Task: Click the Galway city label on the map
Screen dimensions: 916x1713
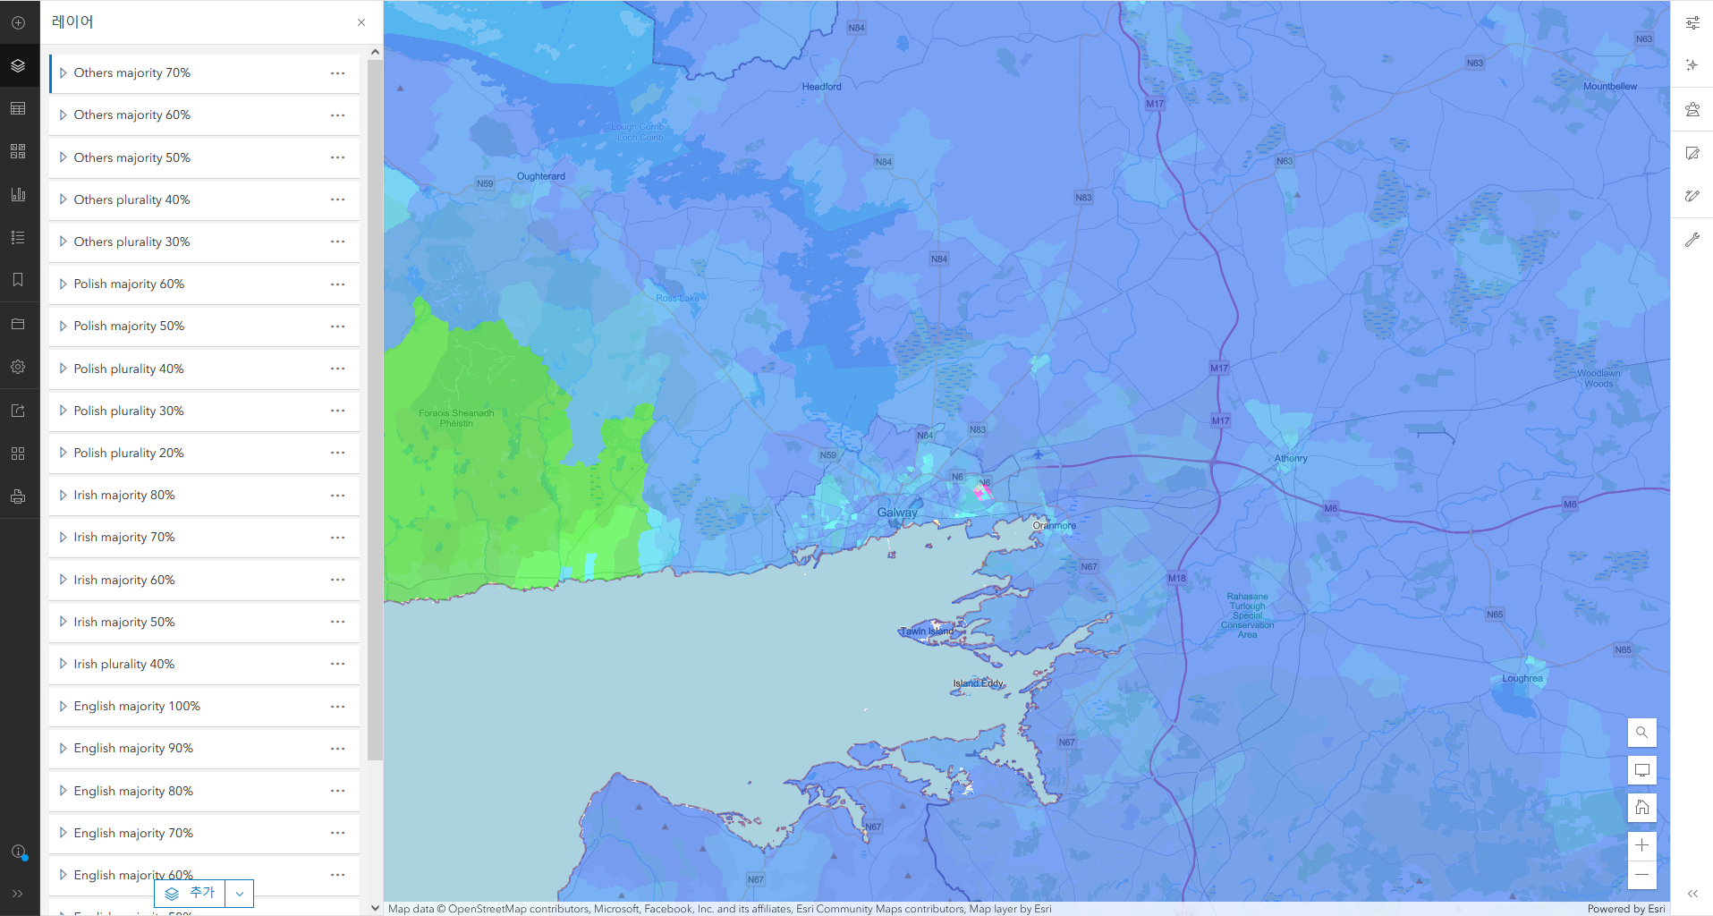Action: tap(896, 513)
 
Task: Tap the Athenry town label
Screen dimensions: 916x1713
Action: tap(1290, 458)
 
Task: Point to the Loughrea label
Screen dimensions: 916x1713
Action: tap(1522, 678)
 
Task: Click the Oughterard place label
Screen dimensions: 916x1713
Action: tap(540, 176)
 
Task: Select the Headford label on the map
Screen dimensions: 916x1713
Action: tap(821, 87)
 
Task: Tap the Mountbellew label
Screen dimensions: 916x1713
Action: tap(1609, 87)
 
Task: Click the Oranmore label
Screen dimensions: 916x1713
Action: tap(1054, 525)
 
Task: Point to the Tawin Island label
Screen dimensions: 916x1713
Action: tap(927, 632)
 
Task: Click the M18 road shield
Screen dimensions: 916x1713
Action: tap(1176, 578)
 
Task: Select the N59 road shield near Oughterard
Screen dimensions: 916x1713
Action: tap(485, 183)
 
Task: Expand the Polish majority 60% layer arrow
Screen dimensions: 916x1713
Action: tap(63, 284)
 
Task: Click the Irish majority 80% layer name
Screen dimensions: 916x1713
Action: tap(124, 495)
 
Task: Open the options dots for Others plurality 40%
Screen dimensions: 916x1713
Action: tap(337, 199)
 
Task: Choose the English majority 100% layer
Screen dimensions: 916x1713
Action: tap(137, 706)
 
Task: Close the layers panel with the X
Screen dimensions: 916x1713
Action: tap(361, 22)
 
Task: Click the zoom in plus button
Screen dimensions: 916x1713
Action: tap(1641, 844)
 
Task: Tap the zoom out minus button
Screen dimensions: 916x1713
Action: tap(1641, 875)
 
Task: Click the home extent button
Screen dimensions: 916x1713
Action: tap(1641, 808)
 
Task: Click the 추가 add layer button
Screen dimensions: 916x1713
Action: tap(191, 893)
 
